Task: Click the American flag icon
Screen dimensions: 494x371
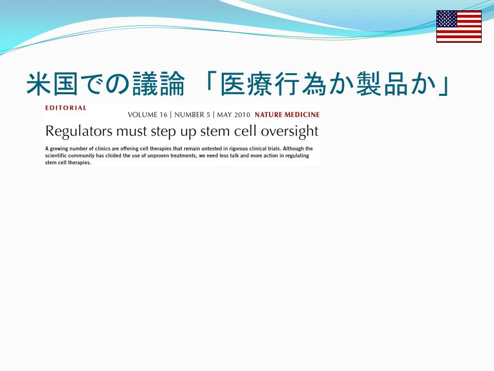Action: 458,26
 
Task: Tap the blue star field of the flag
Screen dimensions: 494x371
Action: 447,19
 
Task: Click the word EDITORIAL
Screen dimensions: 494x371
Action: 66,108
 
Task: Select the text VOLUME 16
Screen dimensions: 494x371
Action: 148,115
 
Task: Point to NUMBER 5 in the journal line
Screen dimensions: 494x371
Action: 192,115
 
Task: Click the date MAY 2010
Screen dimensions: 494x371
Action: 234,115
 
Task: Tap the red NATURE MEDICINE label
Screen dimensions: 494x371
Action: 287,115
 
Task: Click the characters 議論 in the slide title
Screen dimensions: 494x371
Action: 158,84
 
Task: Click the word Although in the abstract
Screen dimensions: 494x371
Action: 294,148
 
